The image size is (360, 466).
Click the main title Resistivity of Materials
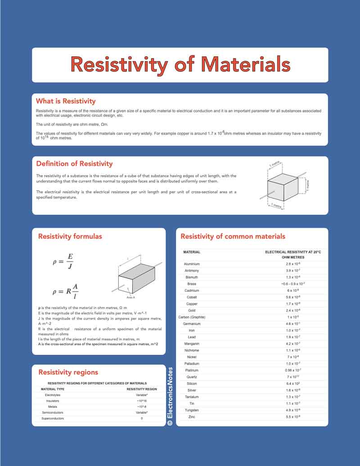(x=180, y=64)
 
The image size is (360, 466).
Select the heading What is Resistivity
(x=66, y=101)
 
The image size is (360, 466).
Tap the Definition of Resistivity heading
(x=74, y=163)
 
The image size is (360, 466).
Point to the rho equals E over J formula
(x=63, y=261)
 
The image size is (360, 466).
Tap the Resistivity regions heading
(x=68, y=372)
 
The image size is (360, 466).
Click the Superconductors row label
(x=53, y=418)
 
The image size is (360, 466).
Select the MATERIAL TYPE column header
(x=53, y=389)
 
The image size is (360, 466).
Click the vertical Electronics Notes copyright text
(x=170, y=396)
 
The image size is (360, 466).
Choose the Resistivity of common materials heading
(x=233, y=236)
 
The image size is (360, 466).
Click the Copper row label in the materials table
(x=192, y=304)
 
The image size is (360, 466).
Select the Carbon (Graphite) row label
(x=192, y=317)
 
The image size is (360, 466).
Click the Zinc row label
(x=192, y=417)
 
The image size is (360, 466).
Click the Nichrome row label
(x=192, y=350)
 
